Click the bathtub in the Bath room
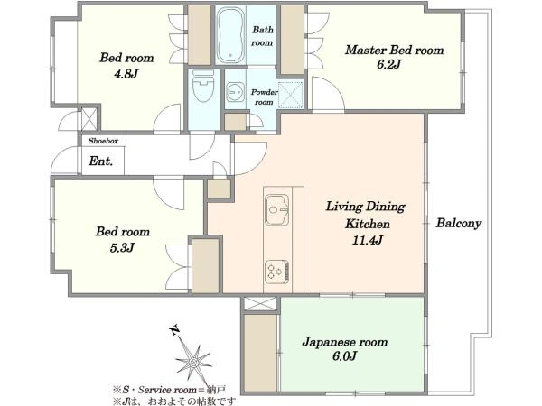coord(230,35)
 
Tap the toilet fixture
coord(203,86)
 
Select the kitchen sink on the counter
coord(276,209)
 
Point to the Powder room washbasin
coord(236,92)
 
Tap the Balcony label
coord(458,223)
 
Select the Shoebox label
coord(103,141)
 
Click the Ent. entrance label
coord(100,161)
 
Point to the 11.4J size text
coord(368,240)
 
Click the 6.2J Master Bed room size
coord(388,64)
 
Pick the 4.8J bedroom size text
coord(126,73)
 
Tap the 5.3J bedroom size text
coord(122,247)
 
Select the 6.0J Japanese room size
coord(344,356)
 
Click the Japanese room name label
coord(345,342)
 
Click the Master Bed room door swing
coord(328,94)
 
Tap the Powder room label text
coord(264,97)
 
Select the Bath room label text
coord(262,36)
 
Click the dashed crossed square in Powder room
coord(291,94)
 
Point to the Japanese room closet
coord(260,353)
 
